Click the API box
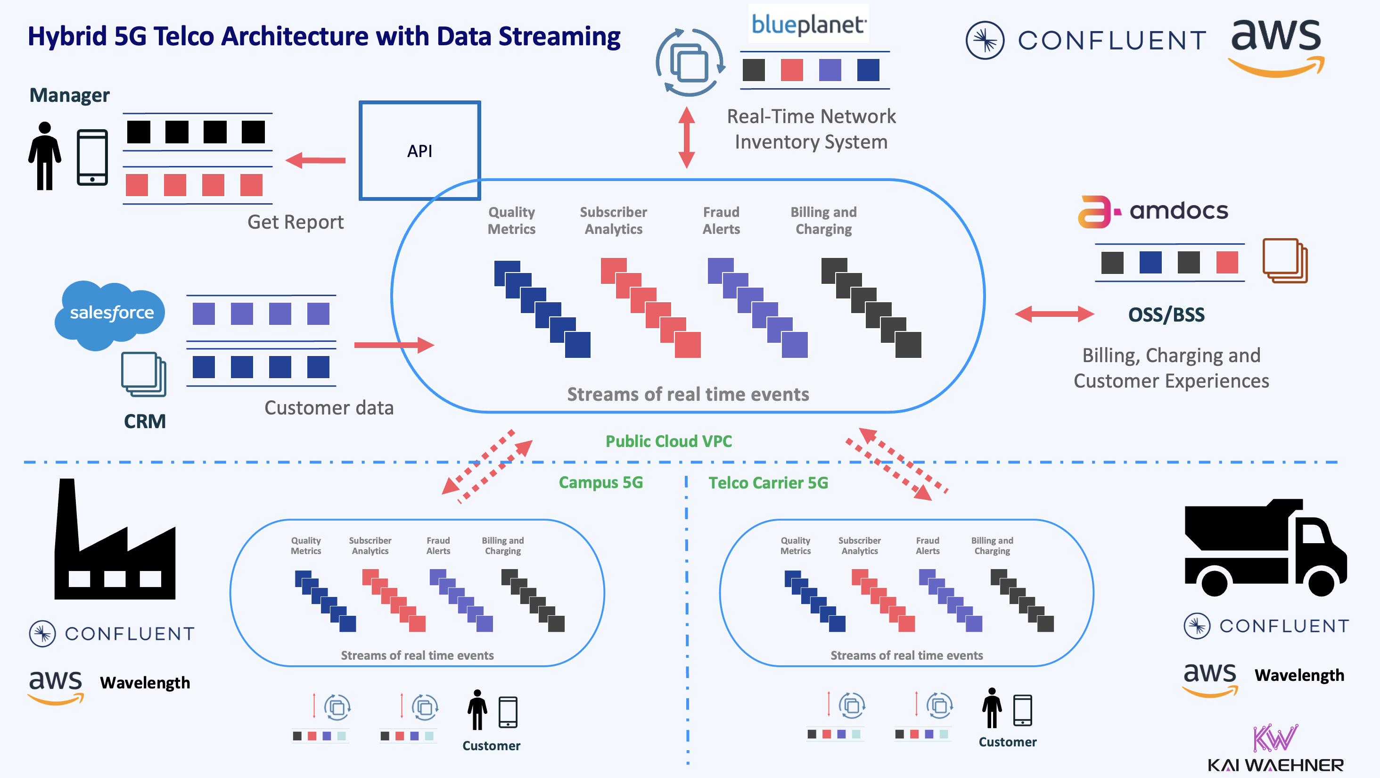419,150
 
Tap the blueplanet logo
808,24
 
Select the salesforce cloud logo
111,313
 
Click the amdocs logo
1153,211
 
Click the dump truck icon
1265,549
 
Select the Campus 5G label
600,482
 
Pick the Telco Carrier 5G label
768,483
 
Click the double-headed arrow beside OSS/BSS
1054,314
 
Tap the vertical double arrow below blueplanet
686,138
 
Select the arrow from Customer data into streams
394,345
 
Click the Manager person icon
44,156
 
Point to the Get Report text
295,222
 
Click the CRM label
145,421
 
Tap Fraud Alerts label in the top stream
721,220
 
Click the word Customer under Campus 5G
491,745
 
